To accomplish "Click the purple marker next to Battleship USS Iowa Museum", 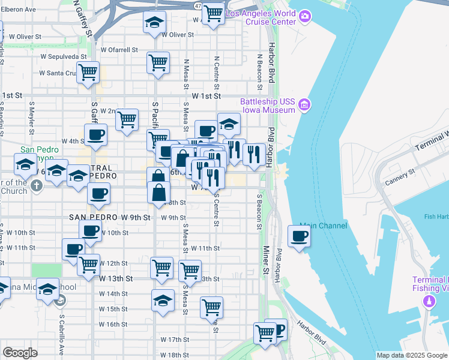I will tap(304, 106).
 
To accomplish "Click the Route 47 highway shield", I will tap(198, 5).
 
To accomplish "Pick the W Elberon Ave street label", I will tap(20, 10).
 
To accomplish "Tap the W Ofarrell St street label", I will tap(119, 50).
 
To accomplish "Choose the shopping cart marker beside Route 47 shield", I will tap(212, 13).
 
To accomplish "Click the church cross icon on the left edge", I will tap(36, 185).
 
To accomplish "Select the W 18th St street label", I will tap(174, 355).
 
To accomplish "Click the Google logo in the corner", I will tap(20, 353).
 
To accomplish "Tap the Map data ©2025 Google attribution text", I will tap(412, 355).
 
